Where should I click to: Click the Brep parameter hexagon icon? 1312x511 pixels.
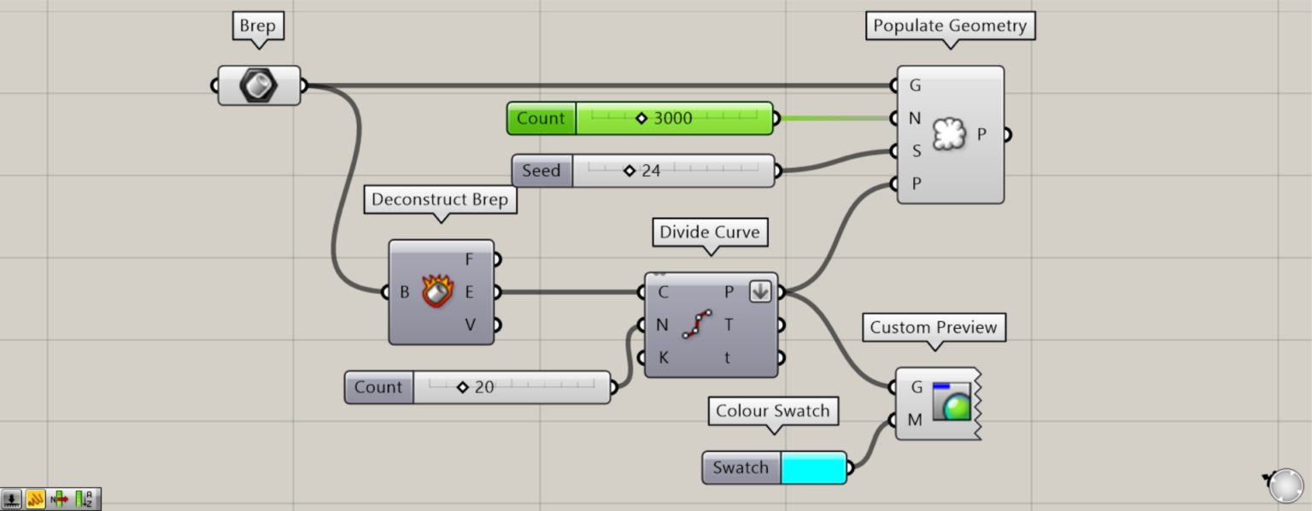click(259, 85)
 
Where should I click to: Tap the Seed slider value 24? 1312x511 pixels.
click(650, 171)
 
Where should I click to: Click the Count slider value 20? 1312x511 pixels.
click(483, 387)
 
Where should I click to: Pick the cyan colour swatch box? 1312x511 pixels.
click(812, 468)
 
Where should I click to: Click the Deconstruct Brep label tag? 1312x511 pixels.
click(440, 200)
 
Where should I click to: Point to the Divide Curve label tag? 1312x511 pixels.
click(709, 231)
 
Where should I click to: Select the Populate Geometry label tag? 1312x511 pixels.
click(949, 26)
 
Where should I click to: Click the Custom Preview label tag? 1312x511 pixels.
click(933, 327)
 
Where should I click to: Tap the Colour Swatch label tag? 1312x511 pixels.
click(772, 411)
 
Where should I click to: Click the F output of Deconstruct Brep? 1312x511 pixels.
click(470, 259)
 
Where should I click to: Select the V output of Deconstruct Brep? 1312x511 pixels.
click(470, 325)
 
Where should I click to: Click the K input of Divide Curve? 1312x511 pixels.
click(662, 358)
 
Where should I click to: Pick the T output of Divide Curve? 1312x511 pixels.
click(729, 325)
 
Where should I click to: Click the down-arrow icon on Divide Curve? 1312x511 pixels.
click(760, 291)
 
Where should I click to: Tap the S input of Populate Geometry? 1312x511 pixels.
click(916, 151)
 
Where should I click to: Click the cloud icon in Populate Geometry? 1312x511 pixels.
click(949, 134)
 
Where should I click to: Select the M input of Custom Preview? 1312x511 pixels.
click(915, 420)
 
